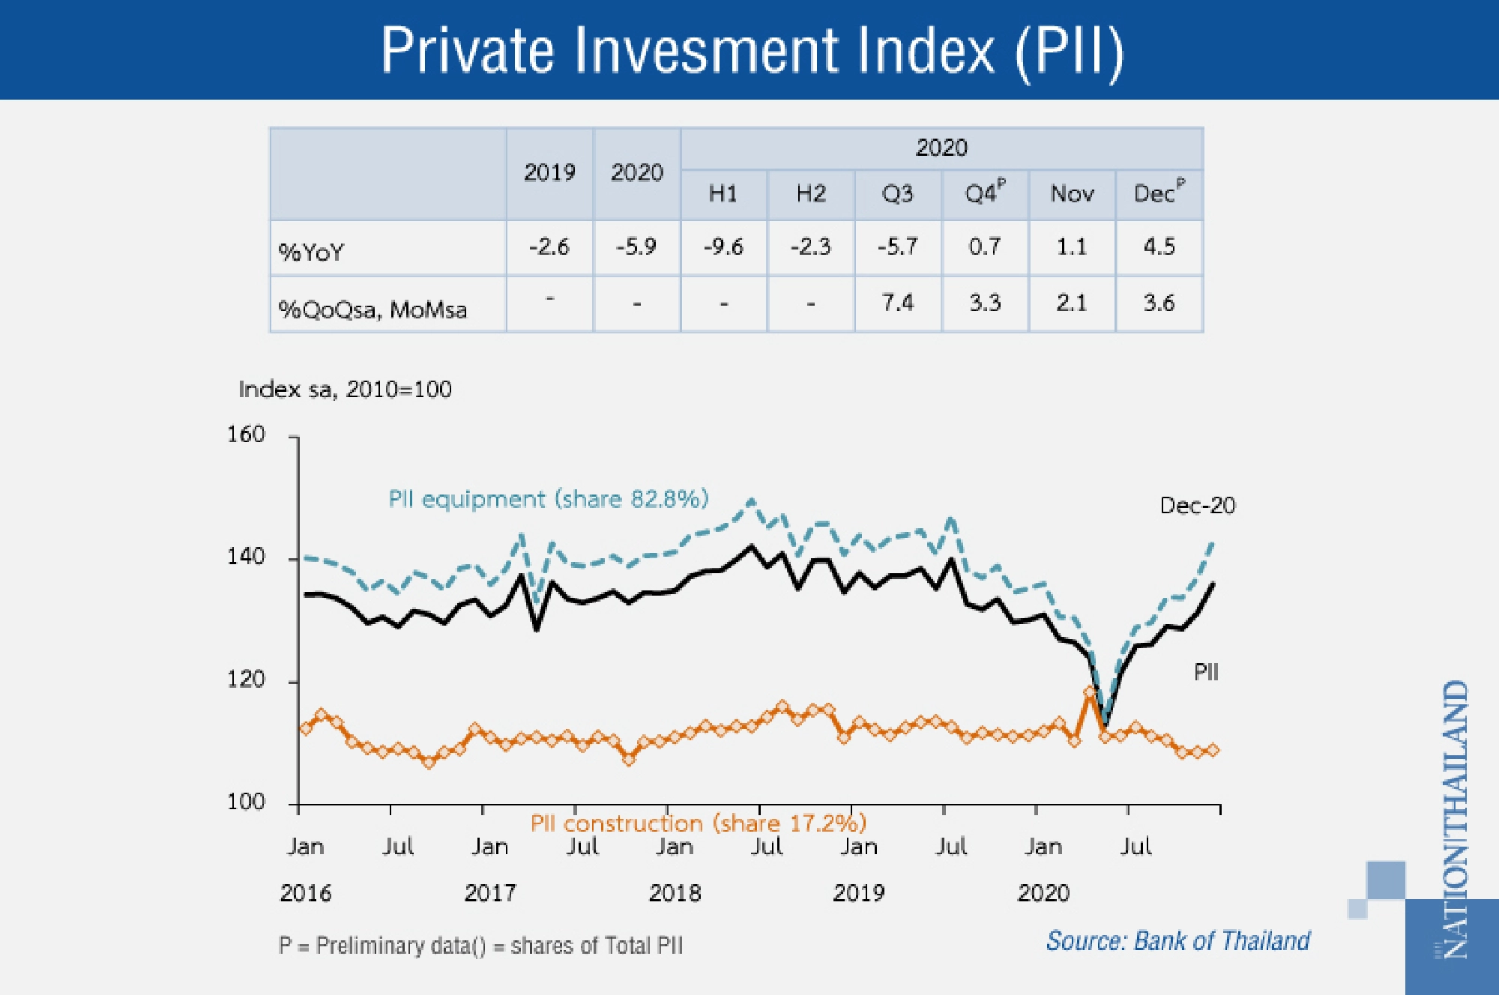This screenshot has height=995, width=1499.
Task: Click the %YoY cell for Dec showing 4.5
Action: point(1159,247)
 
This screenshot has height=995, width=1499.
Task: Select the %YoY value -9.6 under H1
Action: point(723,247)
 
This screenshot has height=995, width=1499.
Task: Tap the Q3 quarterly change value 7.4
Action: point(898,303)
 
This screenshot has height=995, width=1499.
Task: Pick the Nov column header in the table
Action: point(1072,194)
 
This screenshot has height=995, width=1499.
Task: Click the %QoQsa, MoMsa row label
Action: point(373,309)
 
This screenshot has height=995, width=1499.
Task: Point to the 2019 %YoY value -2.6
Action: point(549,247)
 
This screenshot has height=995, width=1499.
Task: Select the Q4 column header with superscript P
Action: point(984,193)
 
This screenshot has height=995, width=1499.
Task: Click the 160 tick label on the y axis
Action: point(246,435)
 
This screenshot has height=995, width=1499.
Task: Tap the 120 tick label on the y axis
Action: point(246,680)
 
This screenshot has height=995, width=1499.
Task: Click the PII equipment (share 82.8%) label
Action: point(548,499)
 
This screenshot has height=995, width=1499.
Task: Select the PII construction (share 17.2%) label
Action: point(698,823)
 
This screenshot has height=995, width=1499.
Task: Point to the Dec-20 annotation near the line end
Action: point(1197,506)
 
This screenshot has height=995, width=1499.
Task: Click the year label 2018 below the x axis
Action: point(675,893)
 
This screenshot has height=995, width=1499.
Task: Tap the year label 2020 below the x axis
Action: point(1043,893)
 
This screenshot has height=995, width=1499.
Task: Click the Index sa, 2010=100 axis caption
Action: point(345,390)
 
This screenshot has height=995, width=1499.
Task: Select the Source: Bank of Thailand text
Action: point(1177,941)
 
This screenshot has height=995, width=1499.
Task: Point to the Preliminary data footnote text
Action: point(480,946)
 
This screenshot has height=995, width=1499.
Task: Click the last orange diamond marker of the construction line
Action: point(1213,750)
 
